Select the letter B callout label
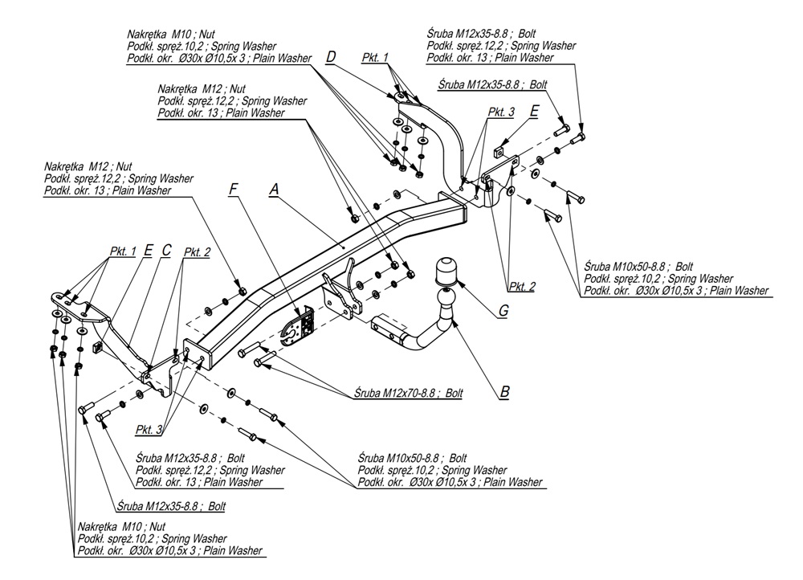point(504,392)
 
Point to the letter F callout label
point(233,190)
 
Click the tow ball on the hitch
point(444,271)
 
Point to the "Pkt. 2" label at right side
point(521,286)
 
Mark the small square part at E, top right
point(499,149)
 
